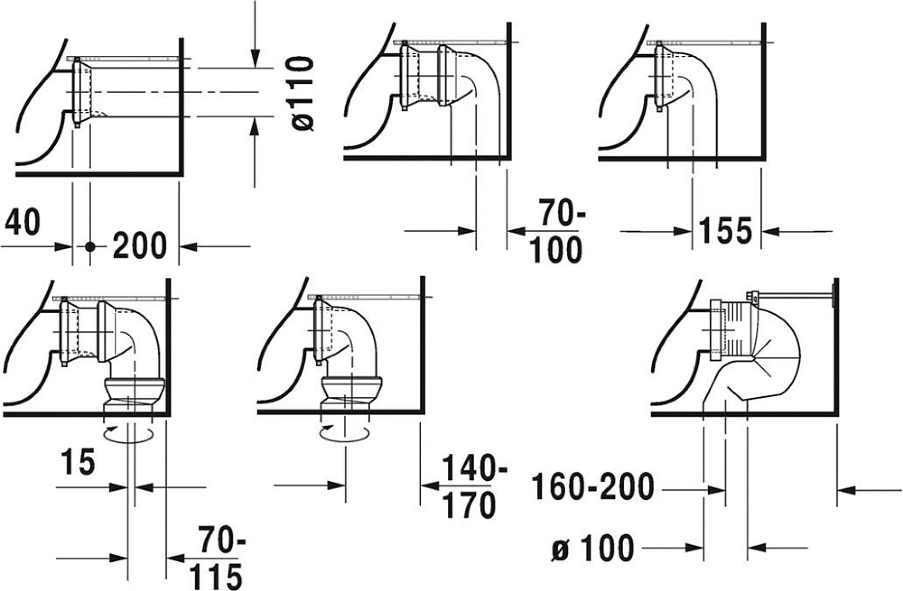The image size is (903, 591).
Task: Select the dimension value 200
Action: tap(140, 245)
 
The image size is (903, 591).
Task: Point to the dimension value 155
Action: tap(725, 230)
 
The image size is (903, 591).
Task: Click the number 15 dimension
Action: tap(78, 462)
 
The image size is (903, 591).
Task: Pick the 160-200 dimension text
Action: tap(593, 487)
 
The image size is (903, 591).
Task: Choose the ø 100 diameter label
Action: tap(593, 548)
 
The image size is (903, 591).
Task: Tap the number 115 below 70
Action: tap(215, 576)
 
